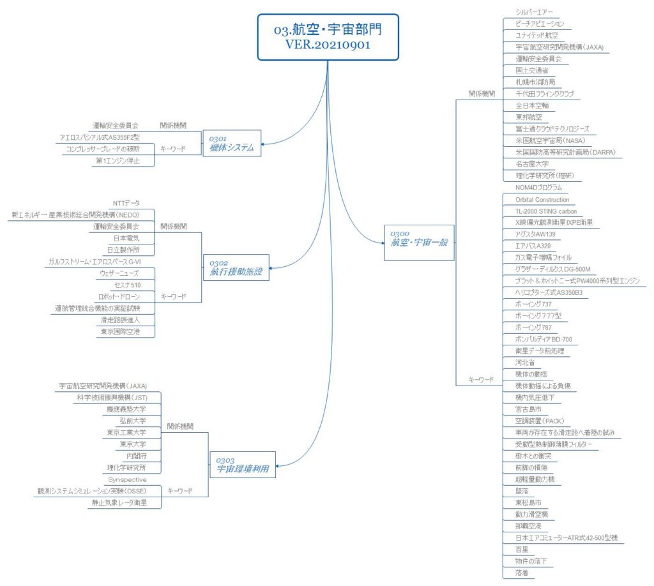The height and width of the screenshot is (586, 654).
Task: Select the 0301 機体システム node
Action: coord(231,144)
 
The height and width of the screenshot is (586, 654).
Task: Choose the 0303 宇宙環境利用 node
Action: coord(238,465)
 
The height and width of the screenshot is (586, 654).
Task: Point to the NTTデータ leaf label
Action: coord(126,203)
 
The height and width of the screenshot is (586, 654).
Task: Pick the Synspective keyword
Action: coord(127,479)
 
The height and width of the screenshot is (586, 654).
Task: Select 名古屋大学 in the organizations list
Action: coord(533,164)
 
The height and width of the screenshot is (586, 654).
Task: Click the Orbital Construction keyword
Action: coord(542,199)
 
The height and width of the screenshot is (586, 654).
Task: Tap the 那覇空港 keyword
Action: coord(528,526)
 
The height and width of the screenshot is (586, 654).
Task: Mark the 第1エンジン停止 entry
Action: coord(123,161)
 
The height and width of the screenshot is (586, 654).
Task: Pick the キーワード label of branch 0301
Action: coord(173,149)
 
